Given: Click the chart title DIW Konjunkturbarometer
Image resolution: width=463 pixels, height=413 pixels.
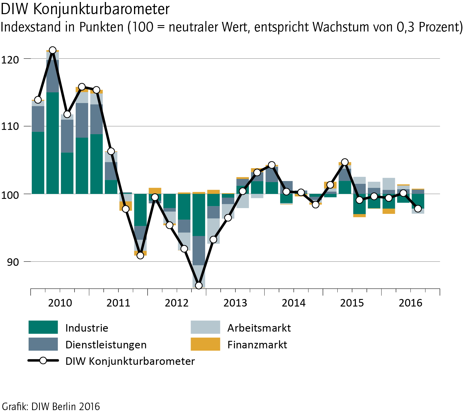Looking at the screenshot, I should pos(85,9).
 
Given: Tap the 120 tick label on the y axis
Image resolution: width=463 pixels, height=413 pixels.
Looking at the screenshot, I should pos(10,60).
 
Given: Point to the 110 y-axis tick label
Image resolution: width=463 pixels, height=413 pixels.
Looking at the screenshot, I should pos(10,126).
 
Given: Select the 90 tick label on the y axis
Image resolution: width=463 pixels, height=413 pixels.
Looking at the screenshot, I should pos(13,262).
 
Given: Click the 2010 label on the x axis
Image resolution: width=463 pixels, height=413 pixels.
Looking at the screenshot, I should pos(60,303).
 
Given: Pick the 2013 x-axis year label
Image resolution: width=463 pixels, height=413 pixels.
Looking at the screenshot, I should pos(235,303).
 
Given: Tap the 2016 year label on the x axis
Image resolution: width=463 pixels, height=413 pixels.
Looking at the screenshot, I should pos(410,303).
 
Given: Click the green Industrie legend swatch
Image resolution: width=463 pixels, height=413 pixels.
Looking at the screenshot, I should pos(43,327).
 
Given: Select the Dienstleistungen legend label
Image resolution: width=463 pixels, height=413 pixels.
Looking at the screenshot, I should pos(106,345).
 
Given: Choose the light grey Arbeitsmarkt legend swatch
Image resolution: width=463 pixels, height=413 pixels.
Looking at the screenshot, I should pos(205,327).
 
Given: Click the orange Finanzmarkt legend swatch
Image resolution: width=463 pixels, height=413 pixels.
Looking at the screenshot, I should pos(205,344).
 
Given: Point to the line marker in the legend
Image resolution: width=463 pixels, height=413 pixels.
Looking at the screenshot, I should pos(43,361).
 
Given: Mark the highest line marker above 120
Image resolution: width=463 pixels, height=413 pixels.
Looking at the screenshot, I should pos(53,50).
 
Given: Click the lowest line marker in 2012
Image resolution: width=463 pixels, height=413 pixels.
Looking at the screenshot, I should pos(199,285).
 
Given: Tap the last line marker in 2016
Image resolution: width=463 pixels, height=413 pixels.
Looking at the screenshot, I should pos(418,209).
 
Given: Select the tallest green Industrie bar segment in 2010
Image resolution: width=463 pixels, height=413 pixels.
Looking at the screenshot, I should pos(53,143).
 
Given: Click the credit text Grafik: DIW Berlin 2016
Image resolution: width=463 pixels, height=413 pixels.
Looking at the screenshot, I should pos(51,406).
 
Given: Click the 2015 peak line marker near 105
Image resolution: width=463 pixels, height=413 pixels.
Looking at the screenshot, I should pos(345,162).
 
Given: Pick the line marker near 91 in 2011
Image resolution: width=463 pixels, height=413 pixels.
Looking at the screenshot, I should pos(140,255).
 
